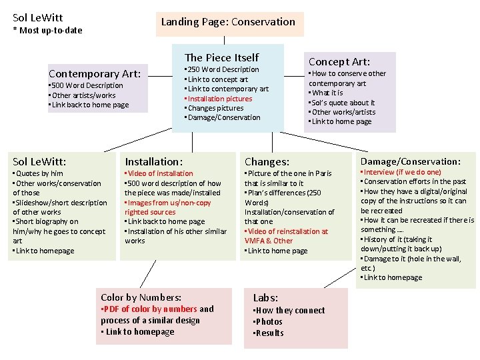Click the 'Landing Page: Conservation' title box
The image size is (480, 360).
(x=228, y=22)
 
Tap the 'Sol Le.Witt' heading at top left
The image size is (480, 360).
(x=38, y=17)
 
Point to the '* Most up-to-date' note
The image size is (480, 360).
(x=48, y=30)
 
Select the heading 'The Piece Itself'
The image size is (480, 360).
(x=221, y=57)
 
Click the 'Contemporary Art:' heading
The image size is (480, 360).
(x=95, y=73)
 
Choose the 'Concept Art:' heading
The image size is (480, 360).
(x=339, y=61)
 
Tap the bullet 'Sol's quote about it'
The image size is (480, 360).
(x=343, y=103)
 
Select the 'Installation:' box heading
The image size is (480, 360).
(x=154, y=161)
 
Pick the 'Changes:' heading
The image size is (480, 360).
(x=267, y=161)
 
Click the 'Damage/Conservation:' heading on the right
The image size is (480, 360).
(x=411, y=161)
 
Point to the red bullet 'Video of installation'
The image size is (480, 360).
(x=160, y=173)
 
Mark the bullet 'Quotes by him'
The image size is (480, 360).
(x=39, y=173)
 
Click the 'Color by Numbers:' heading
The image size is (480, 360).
(x=141, y=297)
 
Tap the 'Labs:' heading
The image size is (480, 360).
(x=265, y=298)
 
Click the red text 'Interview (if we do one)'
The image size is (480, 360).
(x=402, y=172)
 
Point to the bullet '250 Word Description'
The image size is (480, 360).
(x=223, y=69)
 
